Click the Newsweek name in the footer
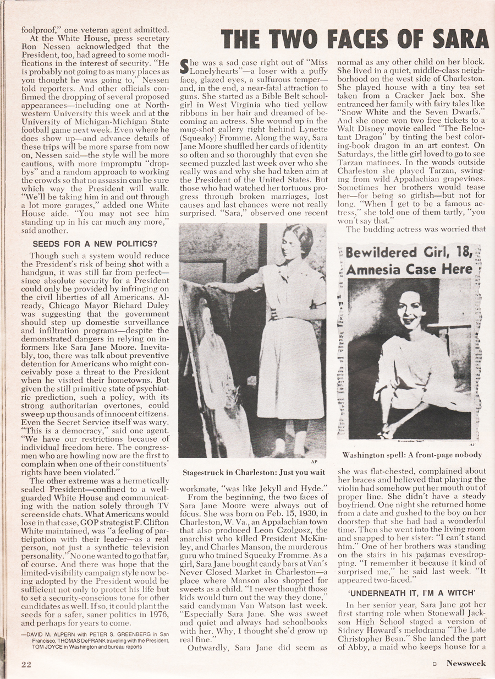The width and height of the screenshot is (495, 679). click(465, 663)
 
